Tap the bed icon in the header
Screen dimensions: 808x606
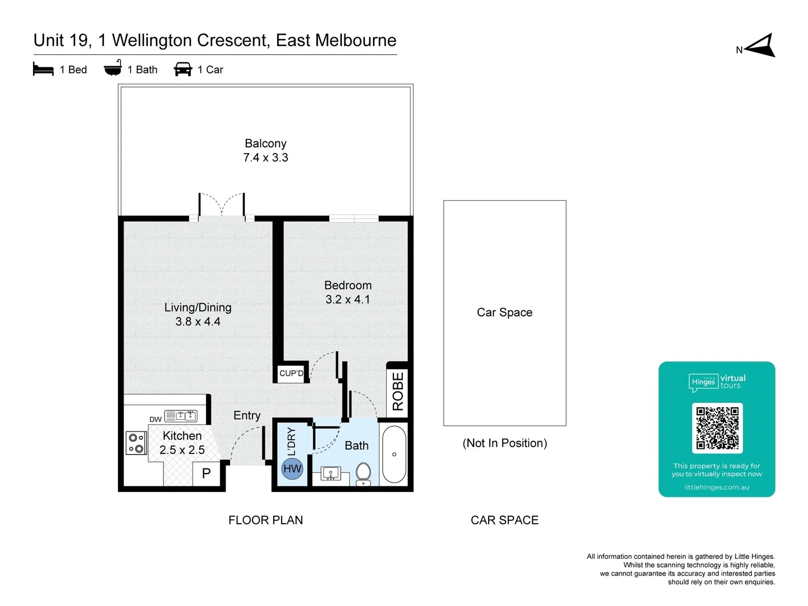(43, 70)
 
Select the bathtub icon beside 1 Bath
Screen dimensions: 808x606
(113, 68)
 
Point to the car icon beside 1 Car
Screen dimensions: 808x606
(183, 70)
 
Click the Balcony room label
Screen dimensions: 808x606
(265, 144)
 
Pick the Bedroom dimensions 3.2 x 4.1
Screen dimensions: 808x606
(348, 300)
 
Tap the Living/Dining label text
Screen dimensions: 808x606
(198, 307)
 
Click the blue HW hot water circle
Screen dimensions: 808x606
(292, 469)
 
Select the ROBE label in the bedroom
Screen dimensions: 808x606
(398, 391)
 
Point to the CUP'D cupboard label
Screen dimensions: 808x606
(291, 373)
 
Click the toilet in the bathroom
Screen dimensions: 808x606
(364, 474)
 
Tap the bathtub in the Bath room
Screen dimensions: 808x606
(394, 454)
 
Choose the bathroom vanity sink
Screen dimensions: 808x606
(330, 475)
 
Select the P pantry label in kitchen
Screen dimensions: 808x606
(206, 473)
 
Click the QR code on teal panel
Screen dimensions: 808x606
(717, 428)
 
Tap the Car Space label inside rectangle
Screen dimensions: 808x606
(504, 313)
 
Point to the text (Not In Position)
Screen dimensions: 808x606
(504, 443)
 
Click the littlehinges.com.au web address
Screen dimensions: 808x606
(717, 487)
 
